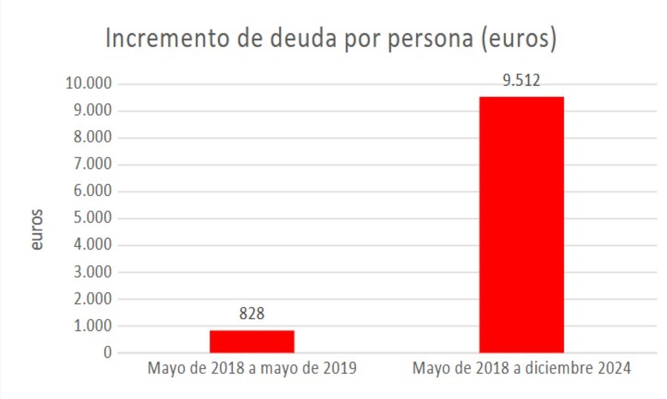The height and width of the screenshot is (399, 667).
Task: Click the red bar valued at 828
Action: pyautogui.click(x=252, y=341)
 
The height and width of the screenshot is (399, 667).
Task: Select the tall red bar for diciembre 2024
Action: pyautogui.click(x=521, y=225)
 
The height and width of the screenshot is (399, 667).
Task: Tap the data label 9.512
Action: pyautogui.click(x=521, y=81)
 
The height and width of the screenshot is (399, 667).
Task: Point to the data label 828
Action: pyautogui.click(x=252, y=314)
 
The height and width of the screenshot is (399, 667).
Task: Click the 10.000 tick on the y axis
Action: pyautogui.click(x=88, y=83)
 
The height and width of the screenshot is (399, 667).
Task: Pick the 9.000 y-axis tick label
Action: pyautogui.click(x=92, y=110)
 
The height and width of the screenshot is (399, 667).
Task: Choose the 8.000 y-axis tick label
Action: pyautogui.click(x=92, y=137)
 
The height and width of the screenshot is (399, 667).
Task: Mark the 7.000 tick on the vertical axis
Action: pyautogui.click(x=92, y=164)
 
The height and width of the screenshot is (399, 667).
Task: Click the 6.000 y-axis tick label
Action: pyautogui.click(x=92, y=191)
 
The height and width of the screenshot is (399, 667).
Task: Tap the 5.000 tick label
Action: pyautogui.click(x=92, y=218)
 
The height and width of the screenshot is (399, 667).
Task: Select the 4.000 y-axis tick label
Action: pyautogui.click(x=92, y=245)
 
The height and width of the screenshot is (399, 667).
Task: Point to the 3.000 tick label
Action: pyautogui.click(x=92, y=272)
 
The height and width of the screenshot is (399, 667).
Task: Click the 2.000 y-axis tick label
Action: pyautogui.click(x=92, y=299)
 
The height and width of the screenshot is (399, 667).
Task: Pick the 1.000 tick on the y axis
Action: pyautogui.click(x=92, y=326)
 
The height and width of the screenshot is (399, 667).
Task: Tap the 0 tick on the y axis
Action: pyautogui.click(x=108, y=353)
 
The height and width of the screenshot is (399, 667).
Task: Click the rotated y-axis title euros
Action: pyautogui.click(x=37, y=230)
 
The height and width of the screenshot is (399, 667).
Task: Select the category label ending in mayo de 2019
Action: pyautogui.click(x=252, y=368)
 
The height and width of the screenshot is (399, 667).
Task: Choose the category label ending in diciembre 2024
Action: pyautogui.click(x=521, y=368)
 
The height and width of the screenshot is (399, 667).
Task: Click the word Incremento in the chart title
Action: pyautogui.click(x=167, y=38)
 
